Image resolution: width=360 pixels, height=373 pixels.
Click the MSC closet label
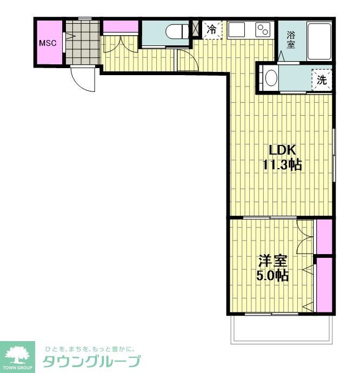pos(48,43)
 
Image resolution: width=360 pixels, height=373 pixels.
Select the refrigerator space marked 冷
pos(212,30)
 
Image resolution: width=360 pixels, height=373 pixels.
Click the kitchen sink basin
pos(236,30)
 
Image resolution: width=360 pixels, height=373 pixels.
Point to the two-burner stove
pos(263,30)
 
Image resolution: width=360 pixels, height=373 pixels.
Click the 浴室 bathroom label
pos(290,39)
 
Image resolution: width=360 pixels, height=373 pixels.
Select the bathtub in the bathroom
pos(319,41)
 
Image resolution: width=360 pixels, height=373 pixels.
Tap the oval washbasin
pos(271,77)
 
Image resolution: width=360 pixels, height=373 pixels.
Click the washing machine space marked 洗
pos(322,79)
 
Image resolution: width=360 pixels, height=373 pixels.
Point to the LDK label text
pos(282,150)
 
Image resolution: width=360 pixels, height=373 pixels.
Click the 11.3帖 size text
pos(282,165)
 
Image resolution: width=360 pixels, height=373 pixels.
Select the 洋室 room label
pos(273,261)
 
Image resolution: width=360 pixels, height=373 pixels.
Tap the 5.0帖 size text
pos(272,276)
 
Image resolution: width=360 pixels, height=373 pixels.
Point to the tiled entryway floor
pos(82,42)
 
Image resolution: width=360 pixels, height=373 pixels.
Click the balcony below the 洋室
pos(282,329)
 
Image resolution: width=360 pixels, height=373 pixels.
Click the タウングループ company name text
pos(91,362)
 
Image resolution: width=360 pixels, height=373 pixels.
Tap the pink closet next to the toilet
pos(121,26)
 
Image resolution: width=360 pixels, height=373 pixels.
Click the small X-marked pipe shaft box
pos(195,28)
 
